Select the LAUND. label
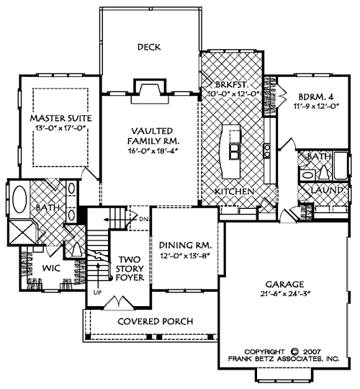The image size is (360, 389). click(x=325, y=190)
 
